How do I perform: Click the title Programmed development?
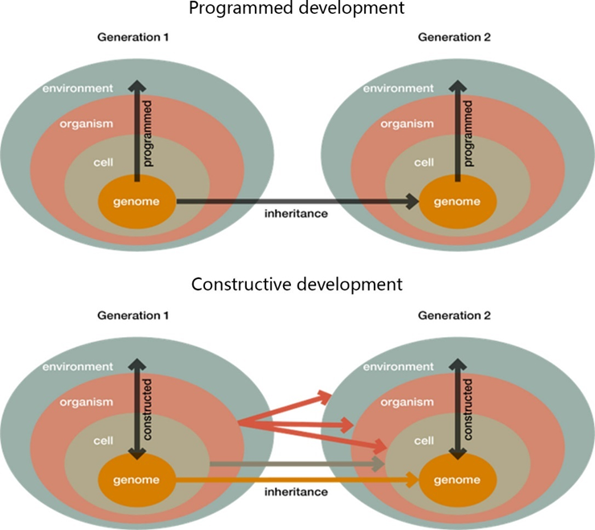coord(297,10)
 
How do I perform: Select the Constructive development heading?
coord(297,284)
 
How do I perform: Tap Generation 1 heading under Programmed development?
coord(133,38)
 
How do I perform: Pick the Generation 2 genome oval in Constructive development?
coord(457,480)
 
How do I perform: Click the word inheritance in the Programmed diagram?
coord(296,214)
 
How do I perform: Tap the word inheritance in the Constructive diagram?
coord(296,491)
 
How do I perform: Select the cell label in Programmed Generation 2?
coord(423,162)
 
